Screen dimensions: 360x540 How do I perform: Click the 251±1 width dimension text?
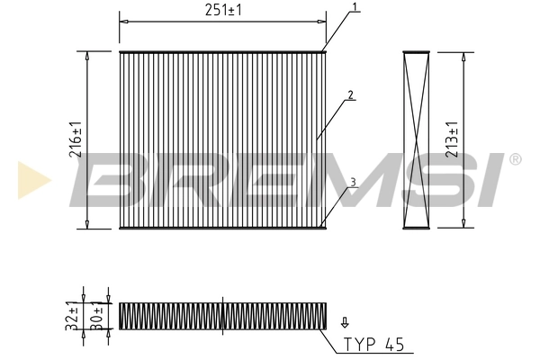(220, 11)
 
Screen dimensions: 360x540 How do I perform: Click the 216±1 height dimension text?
(76, 140)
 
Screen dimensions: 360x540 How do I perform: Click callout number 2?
(350, 94)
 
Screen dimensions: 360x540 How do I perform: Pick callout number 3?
(353, 182)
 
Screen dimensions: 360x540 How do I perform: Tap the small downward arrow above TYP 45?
(342, 320)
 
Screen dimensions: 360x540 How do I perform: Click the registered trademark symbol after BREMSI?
(515, 159)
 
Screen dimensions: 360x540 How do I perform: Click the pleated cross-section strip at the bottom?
(220, 315)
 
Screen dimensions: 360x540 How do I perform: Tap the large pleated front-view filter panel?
(221, 108)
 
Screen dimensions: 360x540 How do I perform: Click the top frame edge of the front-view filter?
(221, 52)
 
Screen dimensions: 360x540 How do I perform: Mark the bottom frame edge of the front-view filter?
(221, 229)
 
